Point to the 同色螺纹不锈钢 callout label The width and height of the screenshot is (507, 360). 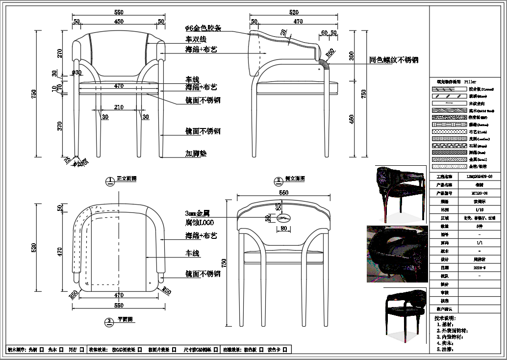click(x=394, y=60)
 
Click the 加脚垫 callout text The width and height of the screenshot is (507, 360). click(x=196, y=154)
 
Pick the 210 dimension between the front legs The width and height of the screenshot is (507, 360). click(x=119, y=107)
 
